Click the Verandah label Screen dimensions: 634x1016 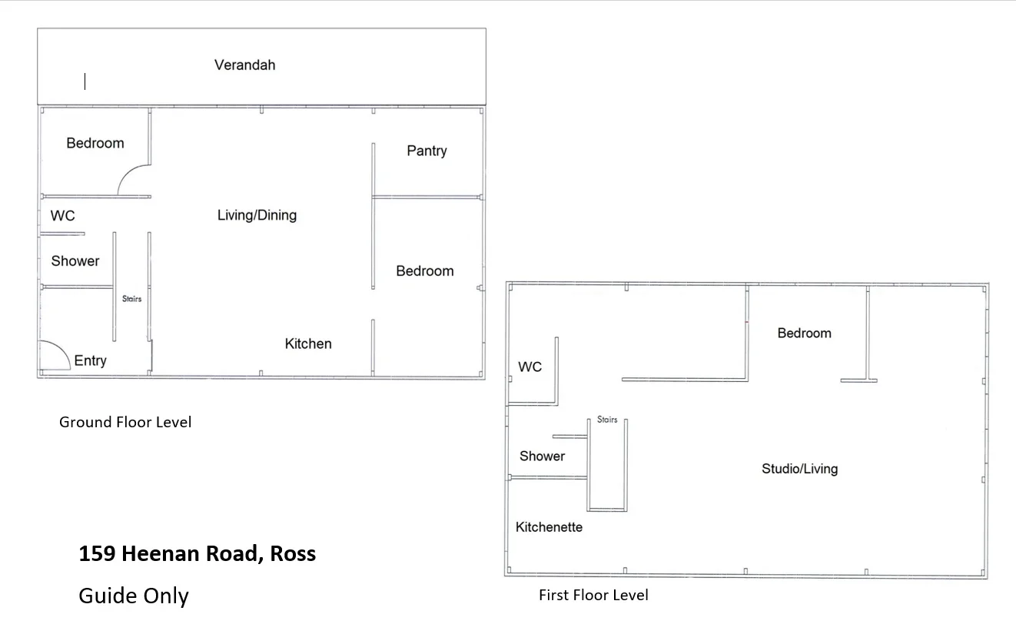244,65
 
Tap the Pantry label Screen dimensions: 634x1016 427,151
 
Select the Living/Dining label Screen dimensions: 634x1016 257,215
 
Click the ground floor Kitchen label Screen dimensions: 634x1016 308,344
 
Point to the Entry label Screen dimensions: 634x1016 90,360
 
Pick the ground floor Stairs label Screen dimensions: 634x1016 132,299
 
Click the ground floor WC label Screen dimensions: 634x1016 62,216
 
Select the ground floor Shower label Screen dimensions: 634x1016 75,261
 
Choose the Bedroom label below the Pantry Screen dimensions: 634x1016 424,271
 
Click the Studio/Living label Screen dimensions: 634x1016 799,469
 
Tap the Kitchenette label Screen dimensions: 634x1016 549,527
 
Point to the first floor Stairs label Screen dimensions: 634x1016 607,420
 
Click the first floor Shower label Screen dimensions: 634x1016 542,456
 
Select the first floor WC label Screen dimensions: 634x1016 530,367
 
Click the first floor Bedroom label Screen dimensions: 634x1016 804,333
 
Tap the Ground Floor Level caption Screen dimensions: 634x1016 125,422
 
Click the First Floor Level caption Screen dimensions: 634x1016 593,595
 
